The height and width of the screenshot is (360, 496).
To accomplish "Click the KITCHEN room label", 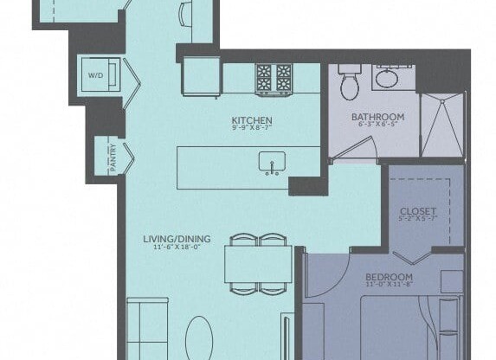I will [252, 120].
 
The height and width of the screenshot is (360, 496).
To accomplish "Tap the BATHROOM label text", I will [377, 117].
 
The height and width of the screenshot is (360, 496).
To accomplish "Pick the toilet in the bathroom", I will [349, 83].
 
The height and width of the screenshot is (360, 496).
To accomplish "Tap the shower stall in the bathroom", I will [441, 125].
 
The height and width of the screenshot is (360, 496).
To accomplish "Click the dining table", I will [257, 263].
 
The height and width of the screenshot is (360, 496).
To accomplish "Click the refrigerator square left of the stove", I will [201, 77].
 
